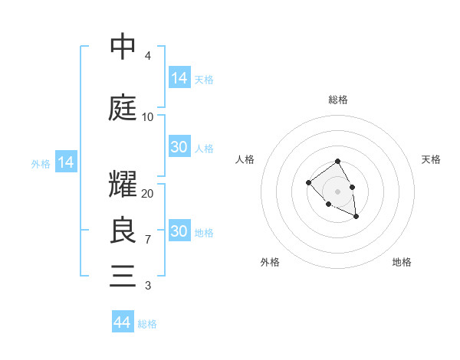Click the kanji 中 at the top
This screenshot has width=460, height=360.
tap(123, 47)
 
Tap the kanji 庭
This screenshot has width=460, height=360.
tap(123, 106)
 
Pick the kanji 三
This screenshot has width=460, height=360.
tap(123, 275)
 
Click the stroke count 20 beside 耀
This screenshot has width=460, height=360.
tap(148, 194)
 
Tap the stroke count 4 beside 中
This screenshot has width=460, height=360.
tap(147, 56)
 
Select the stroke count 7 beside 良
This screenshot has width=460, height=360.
tap(147, 240)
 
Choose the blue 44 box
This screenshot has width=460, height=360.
tap(123, 322)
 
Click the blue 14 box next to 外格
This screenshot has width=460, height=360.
tap(65, 162)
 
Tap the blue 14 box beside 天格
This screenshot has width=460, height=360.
tap(179, 77)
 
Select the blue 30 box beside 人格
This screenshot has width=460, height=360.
tap(179, 147)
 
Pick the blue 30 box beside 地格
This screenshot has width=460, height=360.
tap(179, 231)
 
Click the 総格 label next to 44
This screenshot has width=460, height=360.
tap(147, 324)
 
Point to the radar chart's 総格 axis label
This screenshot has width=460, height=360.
tap(338, 100)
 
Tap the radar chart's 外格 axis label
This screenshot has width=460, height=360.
tap(270, 262)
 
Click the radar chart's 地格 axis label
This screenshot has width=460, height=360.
tap(402, 262)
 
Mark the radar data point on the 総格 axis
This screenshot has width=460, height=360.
tap(337, 162)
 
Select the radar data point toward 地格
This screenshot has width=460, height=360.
tap(356, 218)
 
